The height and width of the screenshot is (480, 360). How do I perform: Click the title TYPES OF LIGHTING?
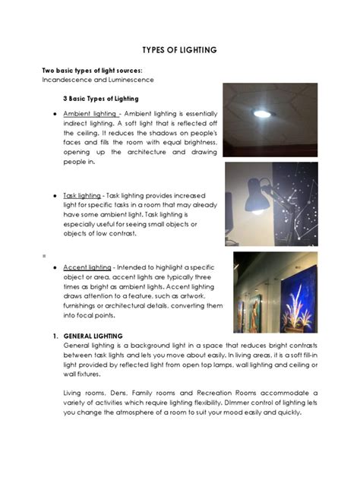pos(179,50)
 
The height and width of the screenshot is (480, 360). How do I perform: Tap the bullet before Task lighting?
pos(47,196)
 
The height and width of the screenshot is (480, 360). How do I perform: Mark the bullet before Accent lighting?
pos(47,268)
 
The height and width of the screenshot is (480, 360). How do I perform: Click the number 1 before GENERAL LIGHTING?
pos(55,336)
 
